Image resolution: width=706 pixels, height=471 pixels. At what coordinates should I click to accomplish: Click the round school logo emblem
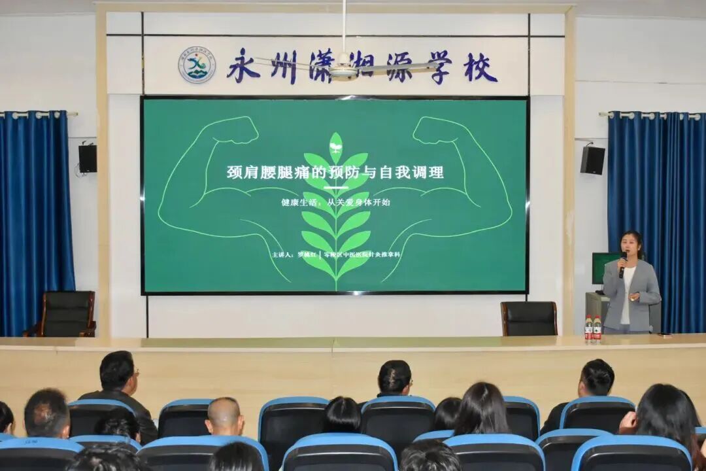[197, 65]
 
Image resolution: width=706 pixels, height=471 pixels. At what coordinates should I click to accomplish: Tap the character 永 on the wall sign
[243, 66]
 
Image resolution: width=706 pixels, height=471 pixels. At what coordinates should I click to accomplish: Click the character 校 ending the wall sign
[480, 67]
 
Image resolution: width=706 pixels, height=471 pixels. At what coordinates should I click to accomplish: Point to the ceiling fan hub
[343, 70]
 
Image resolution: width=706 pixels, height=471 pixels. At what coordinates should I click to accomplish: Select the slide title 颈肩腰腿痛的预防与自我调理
[335, 172]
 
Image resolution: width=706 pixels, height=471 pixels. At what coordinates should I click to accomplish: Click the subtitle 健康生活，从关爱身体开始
[335, 202]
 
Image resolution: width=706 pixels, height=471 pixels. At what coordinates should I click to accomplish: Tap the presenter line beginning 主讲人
[336, 254]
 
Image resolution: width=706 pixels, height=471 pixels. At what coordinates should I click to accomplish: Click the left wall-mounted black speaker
[88, 158]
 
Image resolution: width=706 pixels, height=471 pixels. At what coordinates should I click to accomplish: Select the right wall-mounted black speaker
[592, 160]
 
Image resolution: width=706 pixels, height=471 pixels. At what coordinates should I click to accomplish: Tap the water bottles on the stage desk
[592, 328]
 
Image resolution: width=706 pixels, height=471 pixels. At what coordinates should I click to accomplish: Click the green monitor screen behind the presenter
[602, 268]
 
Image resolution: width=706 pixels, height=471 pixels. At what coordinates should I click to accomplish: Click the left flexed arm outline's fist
[234, 130]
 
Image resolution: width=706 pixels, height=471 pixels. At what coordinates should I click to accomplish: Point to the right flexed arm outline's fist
[436, 130]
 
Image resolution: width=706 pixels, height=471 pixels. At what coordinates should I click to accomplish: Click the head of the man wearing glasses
[119, 374]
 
